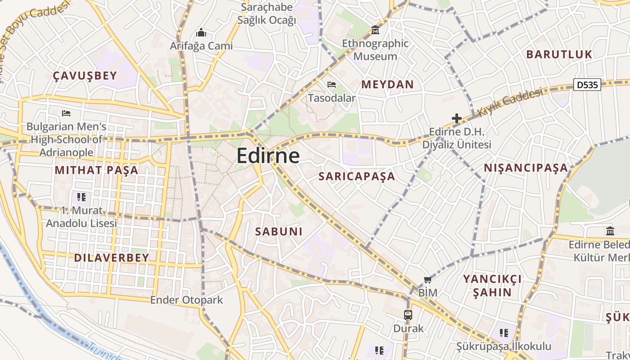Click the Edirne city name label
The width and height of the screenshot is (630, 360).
[268, 156]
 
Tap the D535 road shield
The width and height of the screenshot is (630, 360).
[587, 84]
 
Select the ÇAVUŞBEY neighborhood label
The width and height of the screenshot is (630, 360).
[85, 76]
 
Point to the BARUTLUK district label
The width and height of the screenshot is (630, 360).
[559, 54]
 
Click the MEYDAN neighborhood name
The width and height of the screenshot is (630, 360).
[387, 85]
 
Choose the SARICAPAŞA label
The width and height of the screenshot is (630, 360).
[357, 176]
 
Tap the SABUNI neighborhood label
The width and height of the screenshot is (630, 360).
[279, 232]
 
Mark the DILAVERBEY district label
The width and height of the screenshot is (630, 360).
[111, 258]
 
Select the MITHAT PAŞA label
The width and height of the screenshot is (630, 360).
[96, 170]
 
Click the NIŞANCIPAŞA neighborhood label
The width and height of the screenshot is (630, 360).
[526, 168]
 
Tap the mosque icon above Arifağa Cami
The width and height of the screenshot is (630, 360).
[201, 33]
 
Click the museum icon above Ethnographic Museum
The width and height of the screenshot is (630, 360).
[375, 30]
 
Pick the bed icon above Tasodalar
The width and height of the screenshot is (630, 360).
[332, 85]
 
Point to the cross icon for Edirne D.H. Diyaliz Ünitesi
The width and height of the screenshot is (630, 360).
[456, 119]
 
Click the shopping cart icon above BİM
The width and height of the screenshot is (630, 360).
[427, 279]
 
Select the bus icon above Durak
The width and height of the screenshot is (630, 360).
[408, 315]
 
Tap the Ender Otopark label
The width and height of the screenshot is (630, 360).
[186, 300]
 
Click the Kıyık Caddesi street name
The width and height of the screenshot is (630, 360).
[509, 103]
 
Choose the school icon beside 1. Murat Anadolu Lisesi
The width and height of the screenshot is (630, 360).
[81, 197]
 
